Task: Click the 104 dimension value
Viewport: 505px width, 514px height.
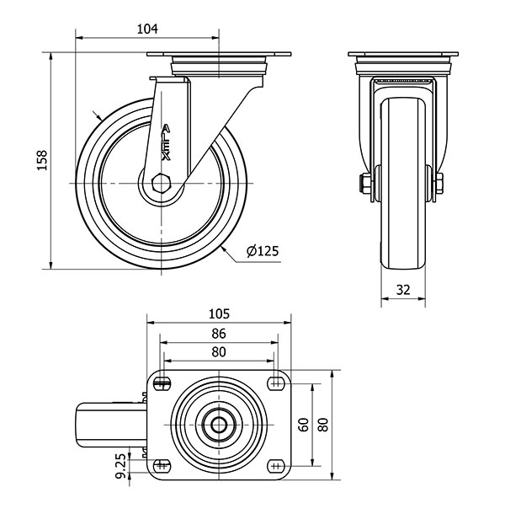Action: (147, 29)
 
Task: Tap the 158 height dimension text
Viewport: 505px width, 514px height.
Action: (42, 160)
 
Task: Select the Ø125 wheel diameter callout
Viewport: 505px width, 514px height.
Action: (263, 251)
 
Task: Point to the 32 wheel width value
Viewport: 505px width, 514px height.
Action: (403, 290)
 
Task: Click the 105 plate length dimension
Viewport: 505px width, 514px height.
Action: (219, 313)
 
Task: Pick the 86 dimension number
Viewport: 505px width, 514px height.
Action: (219, 334)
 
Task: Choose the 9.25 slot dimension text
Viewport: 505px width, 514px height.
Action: (121, 466)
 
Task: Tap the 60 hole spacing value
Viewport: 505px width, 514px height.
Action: (304, 425)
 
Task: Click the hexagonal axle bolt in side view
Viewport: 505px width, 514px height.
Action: (161, 183)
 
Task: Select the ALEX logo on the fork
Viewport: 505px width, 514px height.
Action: (167, 142)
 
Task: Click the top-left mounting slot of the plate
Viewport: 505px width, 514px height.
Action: (162, 383)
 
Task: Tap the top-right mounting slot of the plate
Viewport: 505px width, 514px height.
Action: (276, 383)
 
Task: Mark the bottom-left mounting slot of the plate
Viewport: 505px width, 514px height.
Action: (161, 466)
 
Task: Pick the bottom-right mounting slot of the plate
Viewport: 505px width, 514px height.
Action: (276, 466)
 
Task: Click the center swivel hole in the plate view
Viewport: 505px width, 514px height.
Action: (219, 426)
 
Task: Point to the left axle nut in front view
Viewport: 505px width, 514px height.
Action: (364, 184)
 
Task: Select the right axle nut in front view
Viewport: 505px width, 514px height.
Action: (439, 184)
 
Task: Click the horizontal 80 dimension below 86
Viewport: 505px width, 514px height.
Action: (219, 352)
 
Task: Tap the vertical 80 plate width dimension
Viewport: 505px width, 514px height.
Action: (323, 425)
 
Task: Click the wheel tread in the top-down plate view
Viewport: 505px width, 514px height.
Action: (111, 426)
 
